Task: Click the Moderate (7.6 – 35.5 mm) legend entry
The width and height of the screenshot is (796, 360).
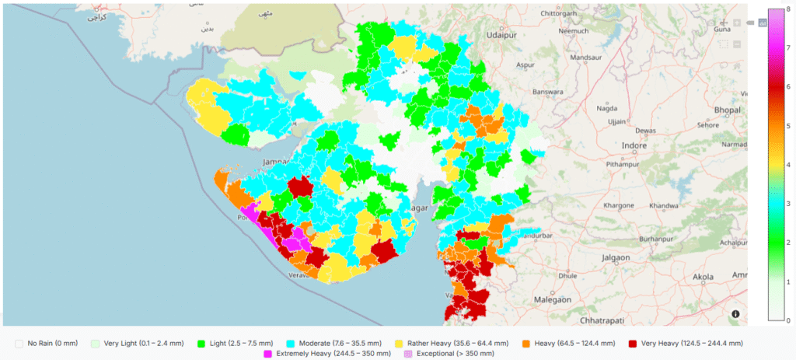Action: [x=335, y=343]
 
